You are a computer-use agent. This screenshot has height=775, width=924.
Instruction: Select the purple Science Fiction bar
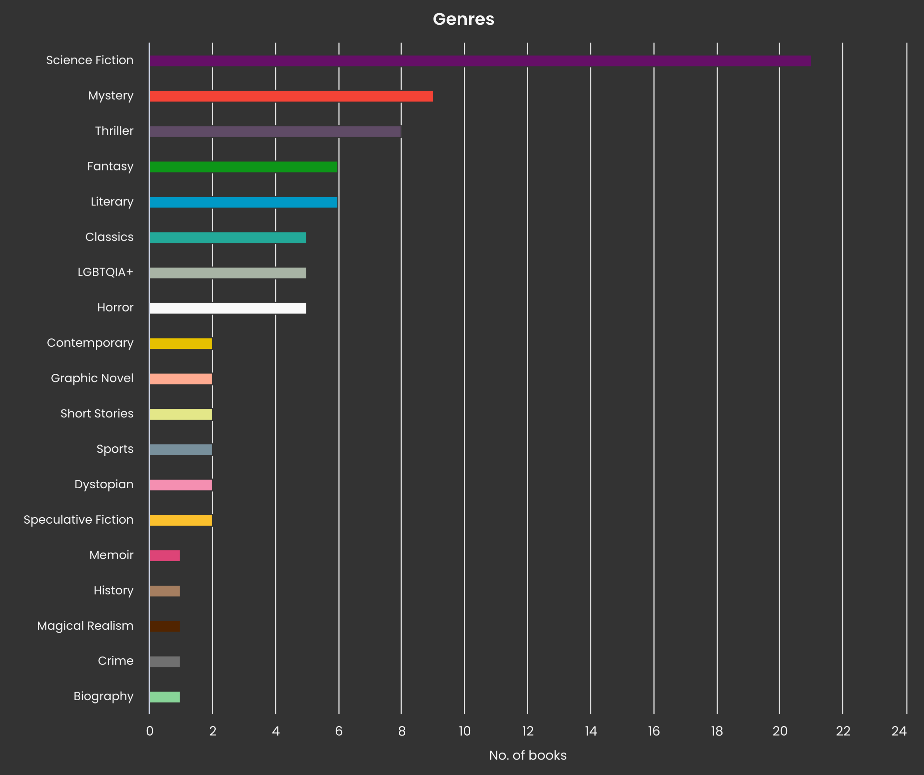point(480,61)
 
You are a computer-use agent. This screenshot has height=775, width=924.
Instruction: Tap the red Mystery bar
point(291,96)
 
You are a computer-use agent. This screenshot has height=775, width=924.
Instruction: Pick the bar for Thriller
point(275,131)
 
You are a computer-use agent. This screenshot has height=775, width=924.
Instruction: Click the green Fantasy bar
point(243,167)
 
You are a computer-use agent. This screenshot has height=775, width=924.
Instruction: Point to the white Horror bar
point(228,308)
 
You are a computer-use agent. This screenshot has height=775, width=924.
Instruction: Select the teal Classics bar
point(228,238)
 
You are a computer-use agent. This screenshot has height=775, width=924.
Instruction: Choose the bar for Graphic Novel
point(181,379)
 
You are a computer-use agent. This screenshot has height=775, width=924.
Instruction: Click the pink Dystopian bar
point(181,485)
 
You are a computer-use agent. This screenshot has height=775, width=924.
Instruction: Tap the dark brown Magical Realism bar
point(165,626)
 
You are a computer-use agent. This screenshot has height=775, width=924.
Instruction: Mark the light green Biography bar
point(165,697)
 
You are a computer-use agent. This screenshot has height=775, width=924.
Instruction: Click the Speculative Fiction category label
point(78,520)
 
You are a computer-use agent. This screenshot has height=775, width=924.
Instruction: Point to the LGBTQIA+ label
point(105,272)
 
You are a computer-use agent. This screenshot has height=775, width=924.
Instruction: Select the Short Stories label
point(97,414)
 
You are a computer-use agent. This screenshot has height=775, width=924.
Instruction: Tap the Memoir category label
point(111,555)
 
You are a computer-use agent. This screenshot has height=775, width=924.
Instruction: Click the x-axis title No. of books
point(527,755)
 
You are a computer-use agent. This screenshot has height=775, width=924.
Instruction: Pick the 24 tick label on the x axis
point(899,731)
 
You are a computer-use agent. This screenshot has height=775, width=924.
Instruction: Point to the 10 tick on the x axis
point(465,731)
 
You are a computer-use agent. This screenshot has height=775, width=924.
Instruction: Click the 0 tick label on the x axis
point(150,731)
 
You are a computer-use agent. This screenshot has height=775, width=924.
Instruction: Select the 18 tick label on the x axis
point(717,731)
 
